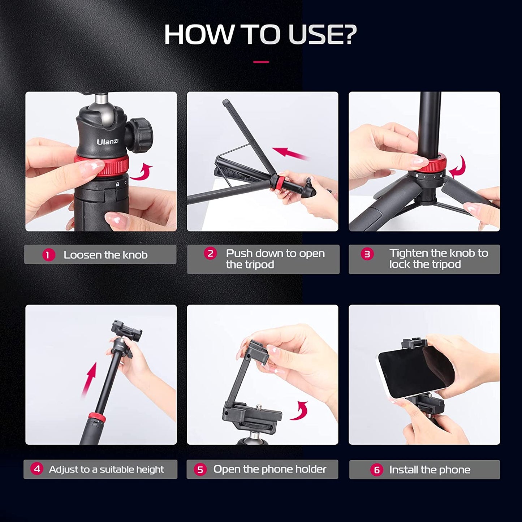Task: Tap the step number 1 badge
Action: click(48, 255)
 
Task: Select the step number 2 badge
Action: click(210, 254)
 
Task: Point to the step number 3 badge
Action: click(367, 254)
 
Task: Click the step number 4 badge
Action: click(37, 469)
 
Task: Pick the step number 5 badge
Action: click(200, 470)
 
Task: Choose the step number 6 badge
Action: click(376, 470)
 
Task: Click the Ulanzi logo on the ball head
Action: click(107, 141)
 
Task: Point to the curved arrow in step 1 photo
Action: click(142, 172)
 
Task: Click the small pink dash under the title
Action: click(261, 62)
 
